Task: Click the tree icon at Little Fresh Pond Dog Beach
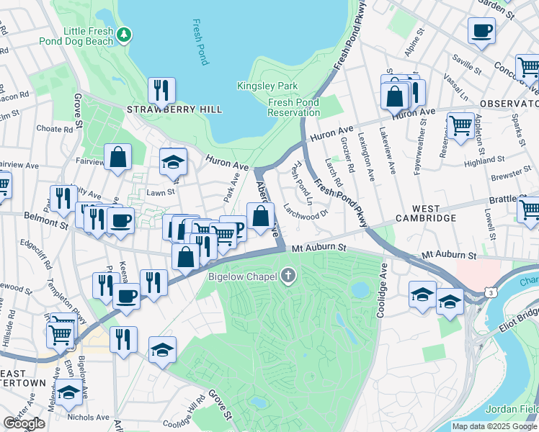pyautogui.click(x=125, y=33)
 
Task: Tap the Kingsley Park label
pyautogui.click(x=257, y=86)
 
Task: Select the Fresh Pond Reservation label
pyautogui.click(x=293, y=107)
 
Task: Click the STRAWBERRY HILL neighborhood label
pyautogui.click(x=174, y=109)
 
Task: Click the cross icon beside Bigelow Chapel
pyautogui.click(x=289, y=275)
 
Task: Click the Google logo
pyautogui.click(x=24, y=423)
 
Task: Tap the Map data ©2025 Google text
pyautogui.click(x=494, y=426)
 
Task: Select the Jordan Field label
pyautogui.click(x=512, y=410)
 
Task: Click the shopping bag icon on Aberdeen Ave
pyautogui.click(x=260, y=215)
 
